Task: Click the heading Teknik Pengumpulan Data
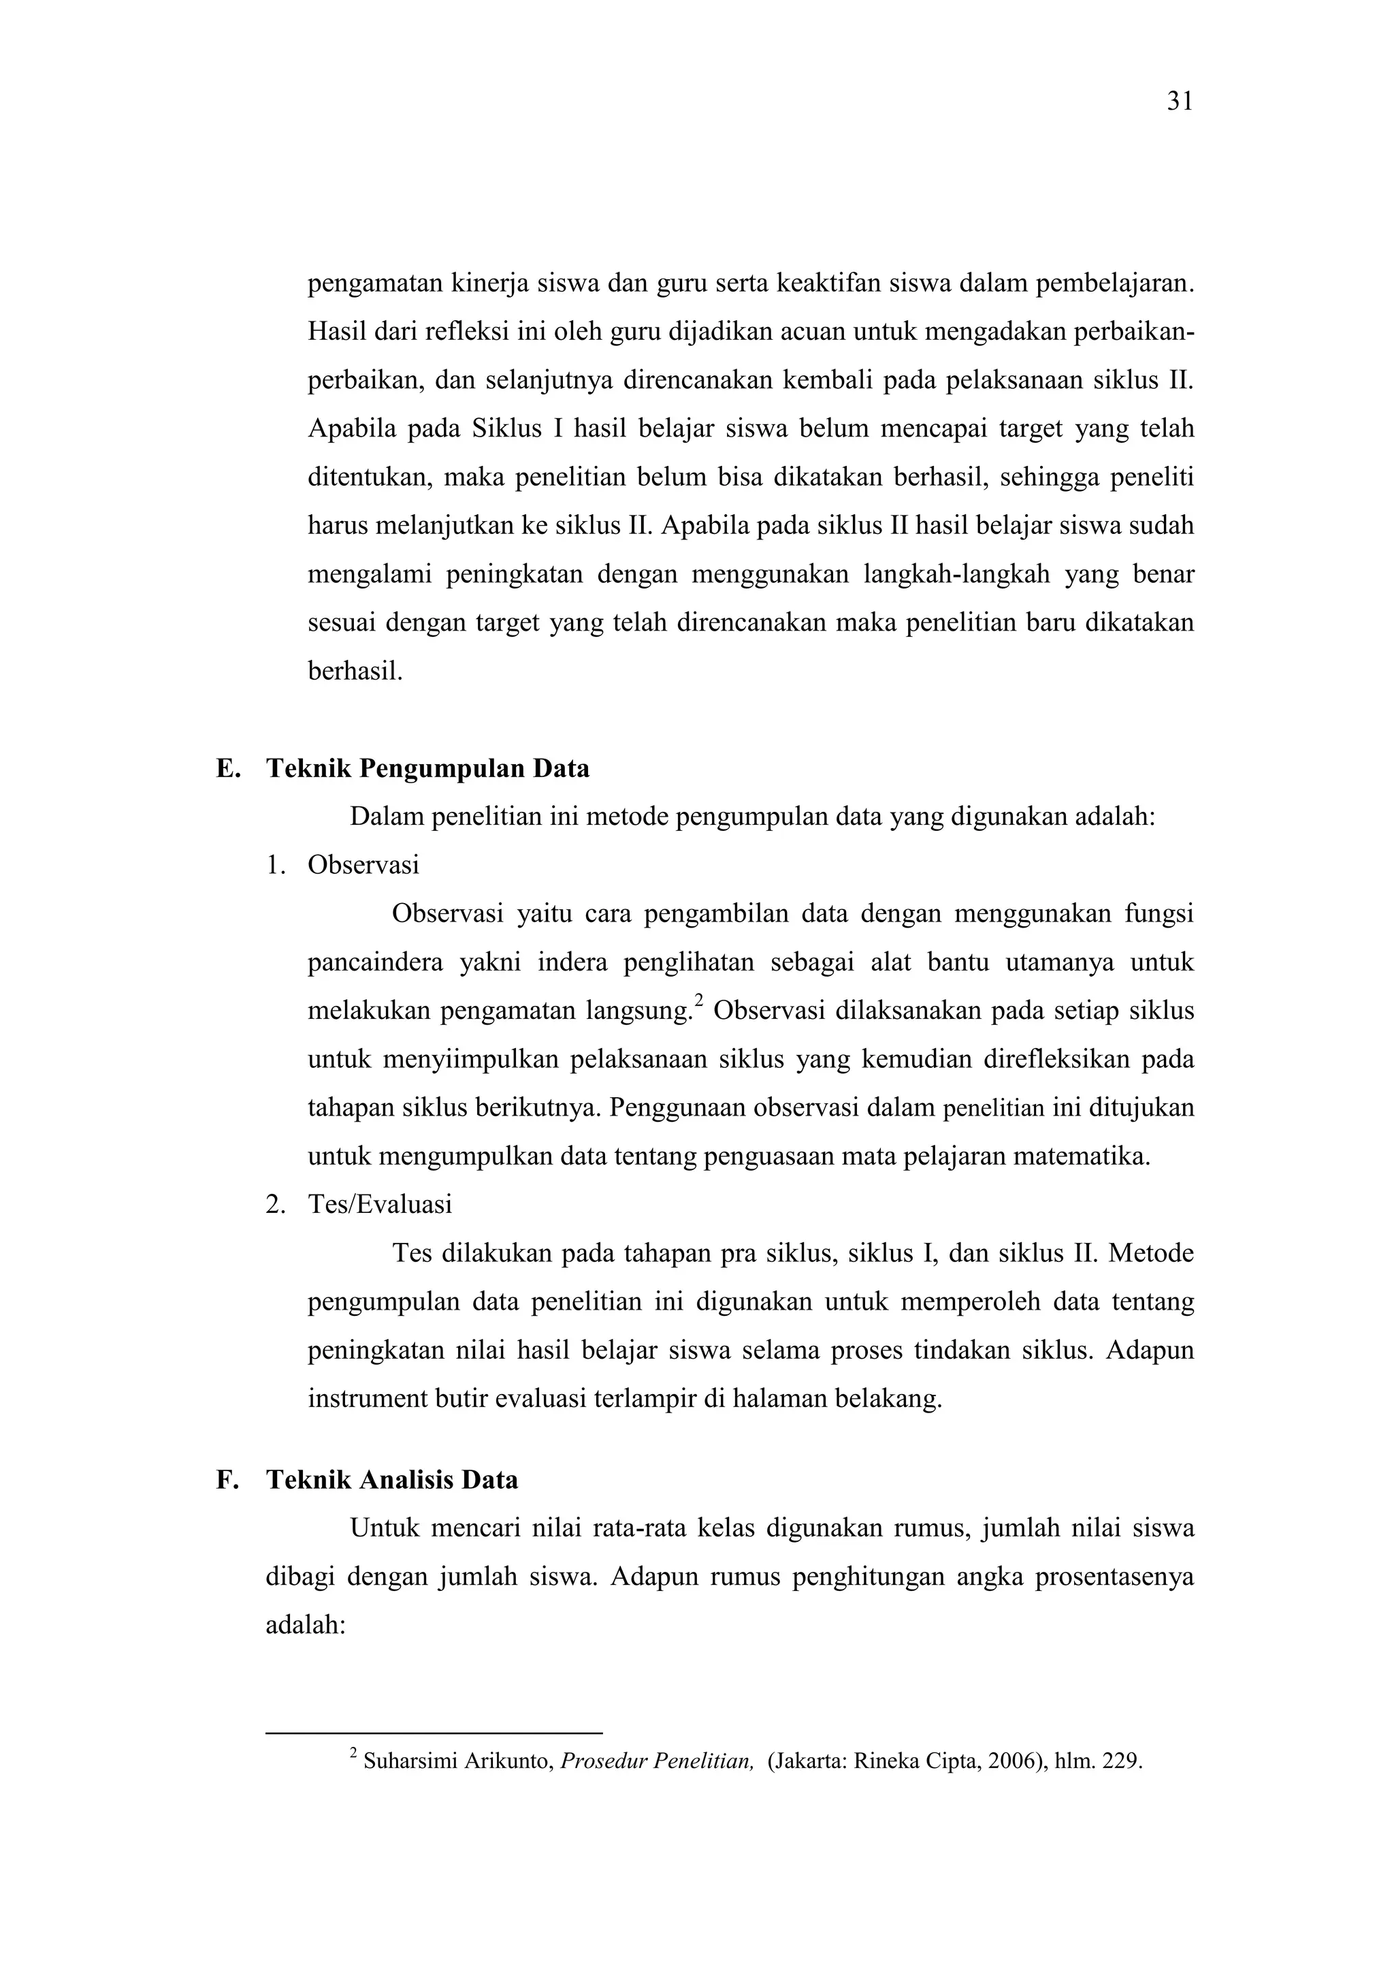click(427, 768)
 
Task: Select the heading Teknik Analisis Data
click(391, 1480)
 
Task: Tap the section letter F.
click(225, 1480)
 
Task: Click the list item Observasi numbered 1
click(363, 864)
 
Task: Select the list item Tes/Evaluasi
click(380, 1205)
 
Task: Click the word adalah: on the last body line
click(305, 1626)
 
